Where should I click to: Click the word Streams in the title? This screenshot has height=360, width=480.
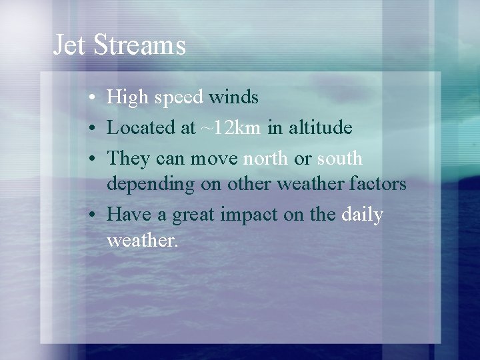139,45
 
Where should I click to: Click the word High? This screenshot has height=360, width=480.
128,98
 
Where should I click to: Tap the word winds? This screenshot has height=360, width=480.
233,97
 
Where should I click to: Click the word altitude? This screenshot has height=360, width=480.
319,127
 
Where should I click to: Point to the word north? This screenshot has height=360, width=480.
266,159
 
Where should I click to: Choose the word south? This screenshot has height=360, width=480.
339,159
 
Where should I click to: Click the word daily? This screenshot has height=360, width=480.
361,215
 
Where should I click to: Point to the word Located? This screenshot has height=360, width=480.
141,127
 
